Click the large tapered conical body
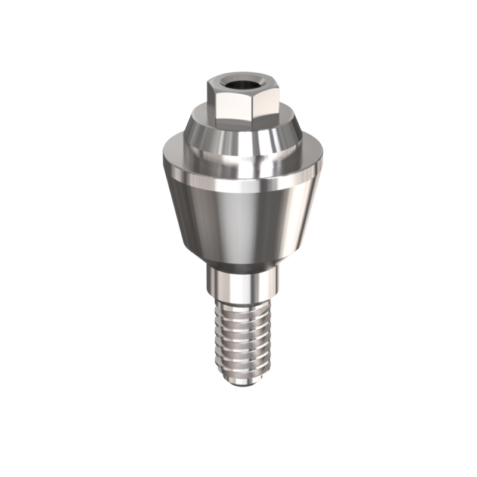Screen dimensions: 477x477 point(238,215)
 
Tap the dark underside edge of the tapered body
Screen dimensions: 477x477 point(238,263)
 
